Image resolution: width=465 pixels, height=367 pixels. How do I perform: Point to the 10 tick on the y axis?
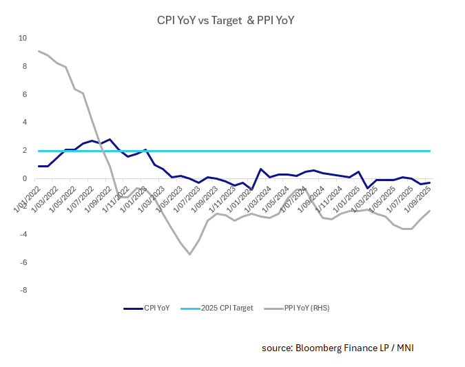click(22, 38)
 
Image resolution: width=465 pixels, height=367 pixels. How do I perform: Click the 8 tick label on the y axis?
click(24, 66)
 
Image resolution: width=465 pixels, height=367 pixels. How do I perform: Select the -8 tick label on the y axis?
click(23, 291)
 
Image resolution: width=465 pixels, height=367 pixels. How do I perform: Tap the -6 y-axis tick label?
click(23, 262)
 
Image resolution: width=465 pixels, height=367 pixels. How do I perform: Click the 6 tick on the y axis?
click(24, 94)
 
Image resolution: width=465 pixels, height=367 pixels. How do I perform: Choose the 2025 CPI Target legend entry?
click(223, 308)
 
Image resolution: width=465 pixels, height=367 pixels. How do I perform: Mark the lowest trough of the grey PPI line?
click(189, 255)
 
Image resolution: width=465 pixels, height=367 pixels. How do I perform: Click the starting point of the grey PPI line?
click(39, 51)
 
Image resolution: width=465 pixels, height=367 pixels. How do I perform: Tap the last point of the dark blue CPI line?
click(431, 182)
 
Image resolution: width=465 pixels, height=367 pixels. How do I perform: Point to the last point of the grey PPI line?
click(431, 211)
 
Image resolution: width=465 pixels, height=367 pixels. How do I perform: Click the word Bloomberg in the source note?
click(321, 348)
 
